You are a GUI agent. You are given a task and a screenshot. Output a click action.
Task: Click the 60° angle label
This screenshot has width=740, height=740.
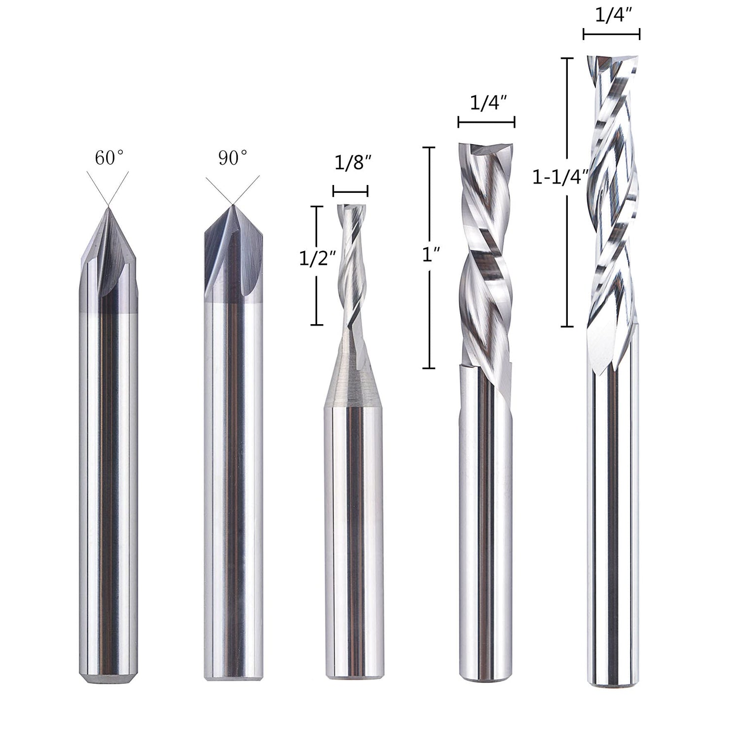109,158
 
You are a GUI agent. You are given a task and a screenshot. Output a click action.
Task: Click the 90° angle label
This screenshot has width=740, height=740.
232,158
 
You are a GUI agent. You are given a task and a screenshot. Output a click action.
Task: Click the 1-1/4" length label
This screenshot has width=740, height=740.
561,176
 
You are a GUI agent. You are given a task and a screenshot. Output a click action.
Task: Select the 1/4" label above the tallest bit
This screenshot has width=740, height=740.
611,16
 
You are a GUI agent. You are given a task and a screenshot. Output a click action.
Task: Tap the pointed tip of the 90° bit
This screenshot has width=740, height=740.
232,206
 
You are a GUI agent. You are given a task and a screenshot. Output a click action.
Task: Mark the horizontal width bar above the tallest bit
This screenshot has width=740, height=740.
611,34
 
